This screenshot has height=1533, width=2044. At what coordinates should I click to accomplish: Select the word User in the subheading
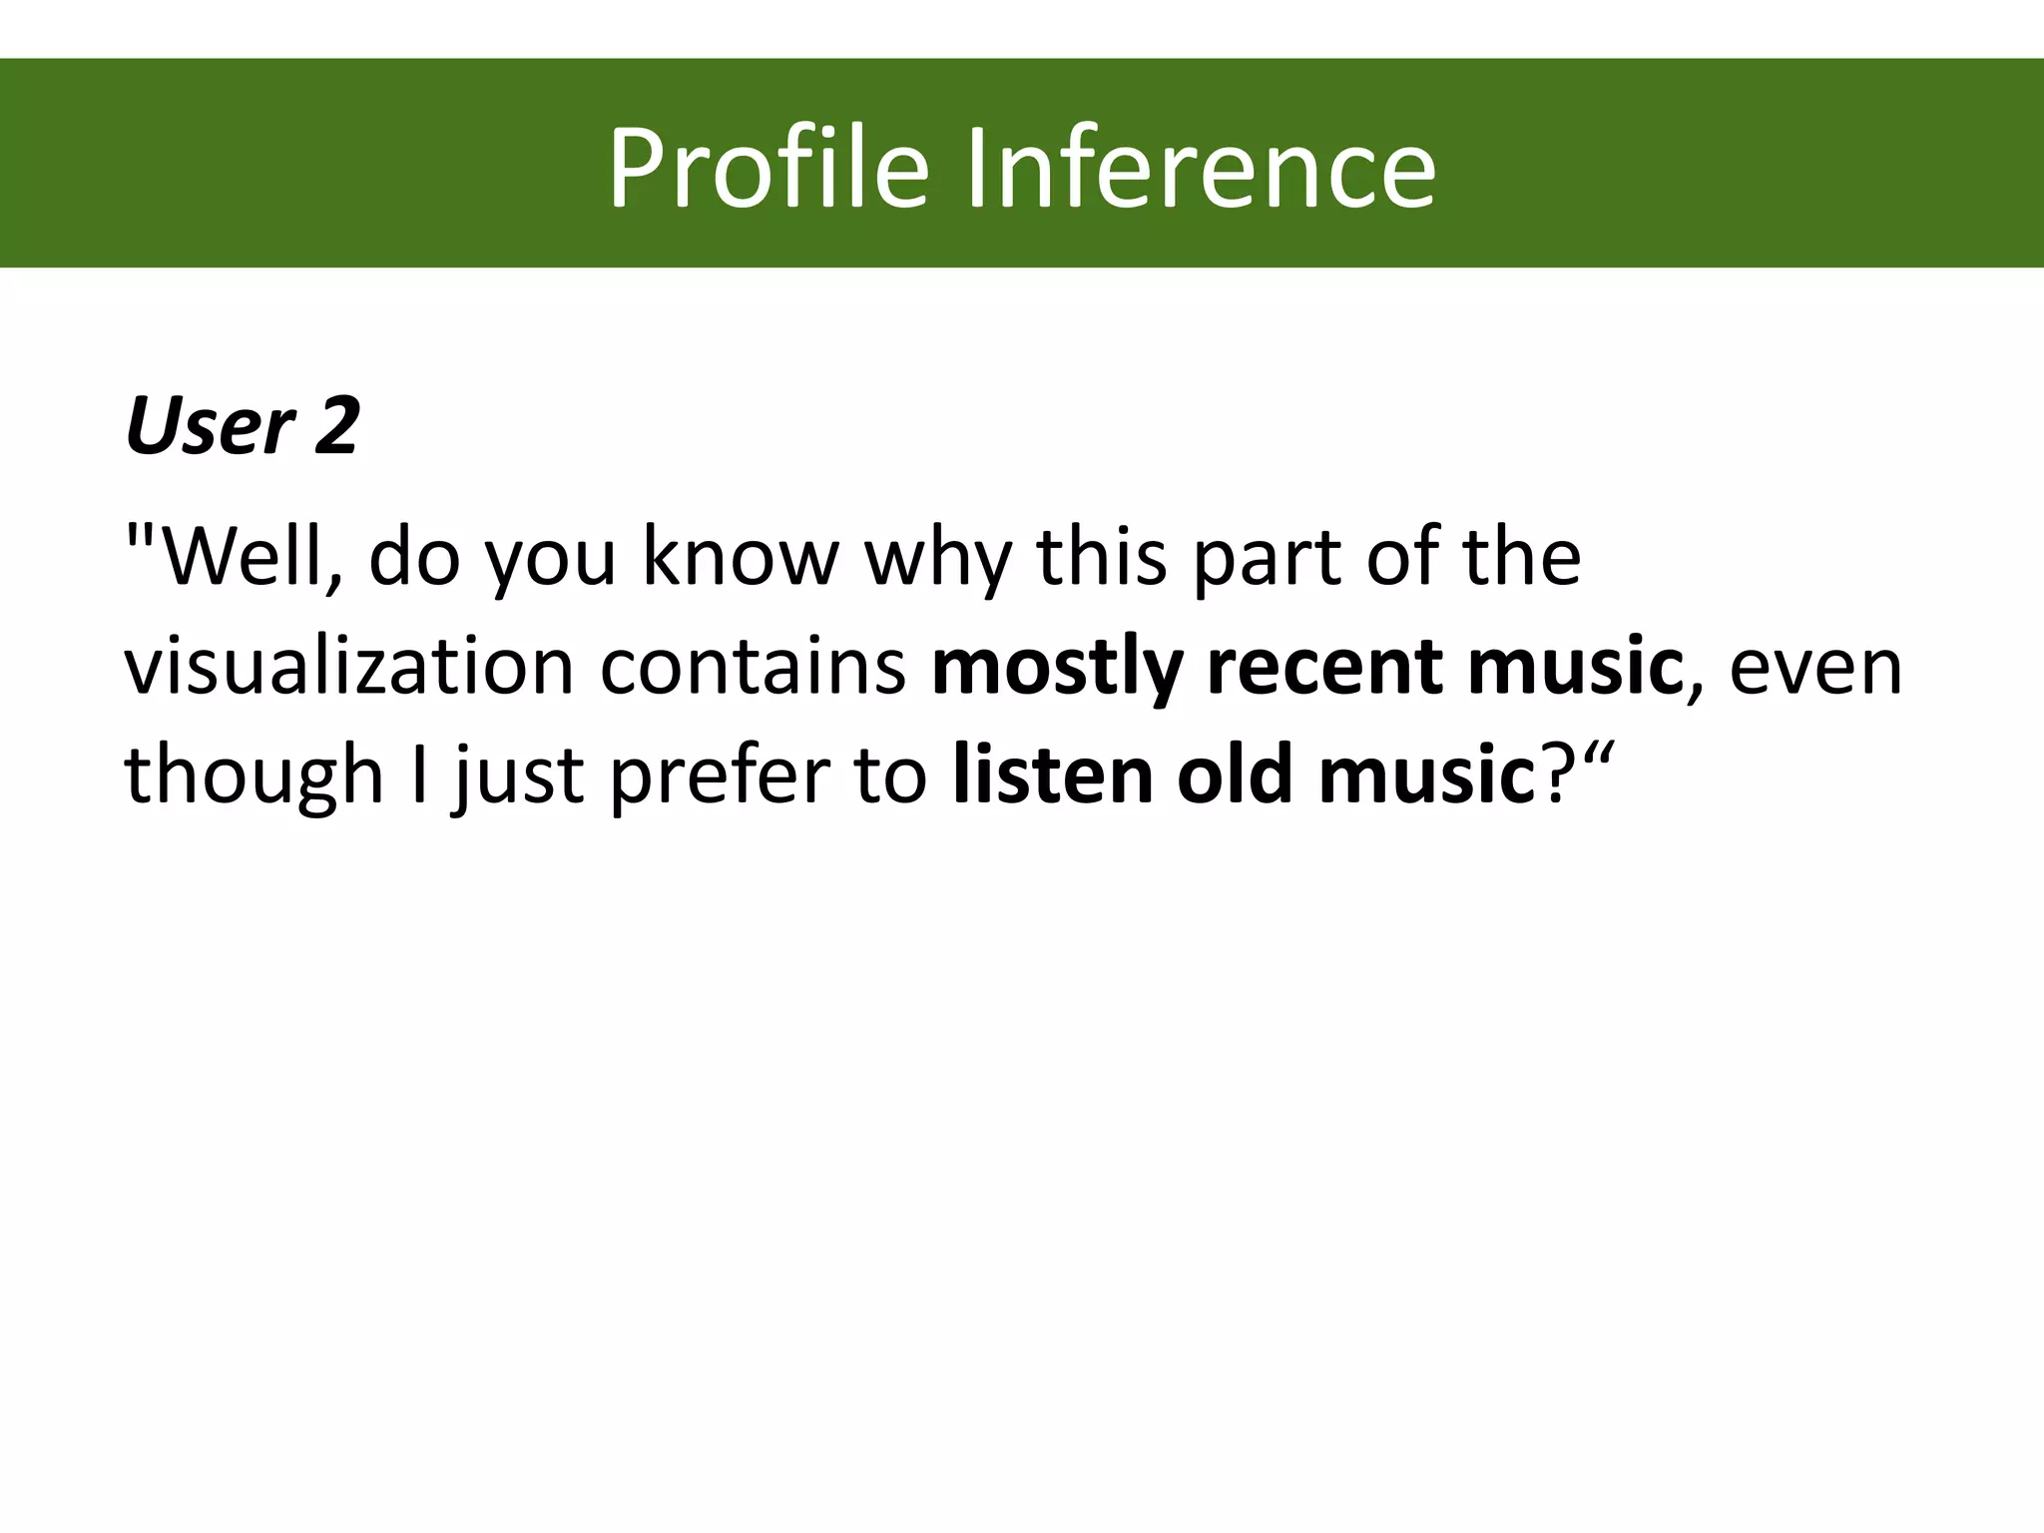[209, 427]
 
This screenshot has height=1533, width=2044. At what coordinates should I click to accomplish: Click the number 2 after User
[335, 427]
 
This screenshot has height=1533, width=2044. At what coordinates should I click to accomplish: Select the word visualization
[348, 667]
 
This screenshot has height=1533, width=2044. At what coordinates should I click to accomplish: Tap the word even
[1815, 667]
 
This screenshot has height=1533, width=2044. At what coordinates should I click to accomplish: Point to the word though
[254, 776]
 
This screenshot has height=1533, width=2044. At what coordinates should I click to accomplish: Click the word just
[517, 776]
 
